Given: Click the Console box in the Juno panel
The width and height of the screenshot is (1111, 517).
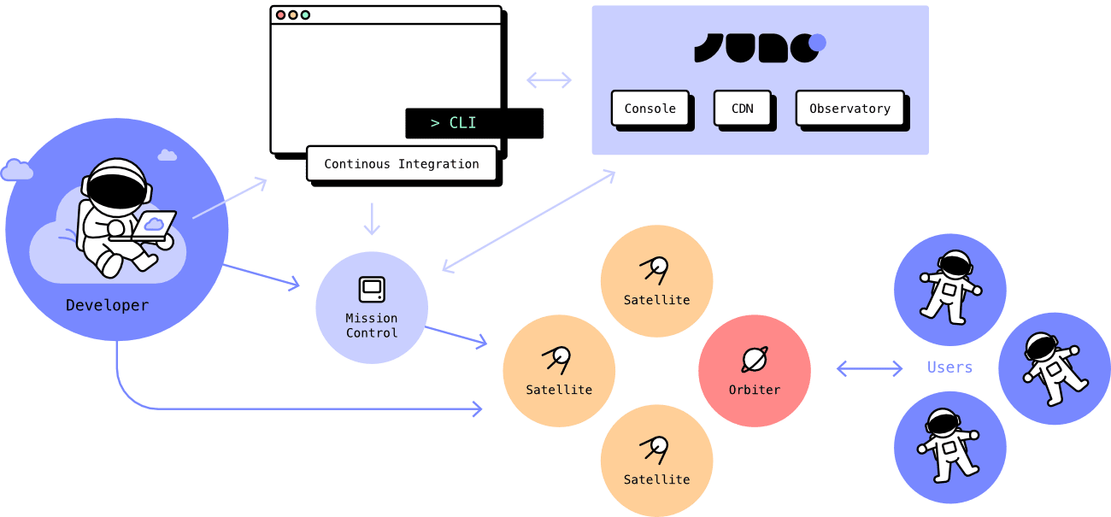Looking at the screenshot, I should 650,109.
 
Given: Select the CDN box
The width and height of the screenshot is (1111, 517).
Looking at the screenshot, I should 742,109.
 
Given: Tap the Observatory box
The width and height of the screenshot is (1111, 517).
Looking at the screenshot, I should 849,109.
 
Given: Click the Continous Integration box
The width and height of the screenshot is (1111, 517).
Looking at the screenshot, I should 401,163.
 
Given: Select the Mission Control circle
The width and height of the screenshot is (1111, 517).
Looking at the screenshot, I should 371,307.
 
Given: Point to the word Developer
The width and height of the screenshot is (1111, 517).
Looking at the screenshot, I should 107,305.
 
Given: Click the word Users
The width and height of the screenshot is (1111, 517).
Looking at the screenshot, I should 949,367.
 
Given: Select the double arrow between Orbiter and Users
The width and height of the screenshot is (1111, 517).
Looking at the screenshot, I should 869,368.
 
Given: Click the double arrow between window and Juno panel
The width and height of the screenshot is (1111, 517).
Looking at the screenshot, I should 549,80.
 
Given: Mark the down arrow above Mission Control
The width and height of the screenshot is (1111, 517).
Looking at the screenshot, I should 371,220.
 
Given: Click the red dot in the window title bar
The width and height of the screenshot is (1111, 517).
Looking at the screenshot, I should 280,15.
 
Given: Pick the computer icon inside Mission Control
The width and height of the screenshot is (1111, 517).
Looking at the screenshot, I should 371,290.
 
